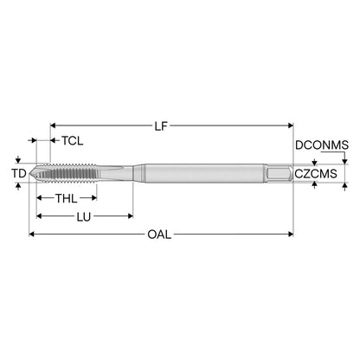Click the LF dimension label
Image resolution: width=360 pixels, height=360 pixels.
tap(161, 126)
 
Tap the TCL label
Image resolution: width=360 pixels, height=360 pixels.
tap(73, 141)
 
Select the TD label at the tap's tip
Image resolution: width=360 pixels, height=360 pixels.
tap(19, 173)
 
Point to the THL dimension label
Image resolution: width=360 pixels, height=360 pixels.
tap(67, 198)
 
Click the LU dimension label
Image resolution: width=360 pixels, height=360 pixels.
tap(84, 216)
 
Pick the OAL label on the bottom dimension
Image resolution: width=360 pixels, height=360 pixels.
tap(159, 235)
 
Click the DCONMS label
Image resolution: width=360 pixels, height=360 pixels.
tap(322, 145)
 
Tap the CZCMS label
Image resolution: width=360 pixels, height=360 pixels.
tap(316, 174)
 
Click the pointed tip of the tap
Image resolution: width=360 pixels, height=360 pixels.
tap(29, 173)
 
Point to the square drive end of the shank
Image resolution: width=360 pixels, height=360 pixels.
tap(279, 173)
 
